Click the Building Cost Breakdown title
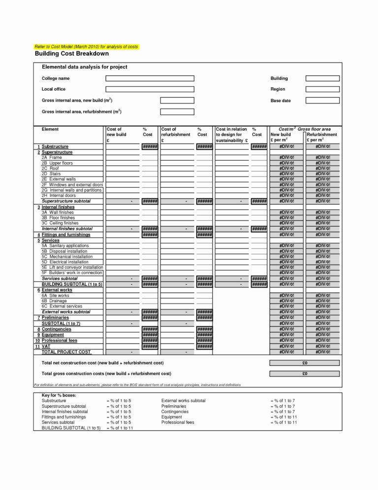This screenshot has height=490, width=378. [x=71, y=54]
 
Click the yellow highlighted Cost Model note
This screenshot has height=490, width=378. [x=86, y=46]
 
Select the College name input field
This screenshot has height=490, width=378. [x=150, y=78]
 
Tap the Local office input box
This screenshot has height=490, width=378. [x=150, y=89]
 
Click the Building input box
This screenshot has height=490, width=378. [x=322, y=78]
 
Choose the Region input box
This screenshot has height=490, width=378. [x=322, y=89]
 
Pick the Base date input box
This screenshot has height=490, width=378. [x=322, y=101]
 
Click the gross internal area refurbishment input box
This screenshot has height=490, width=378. [x=177, y=112]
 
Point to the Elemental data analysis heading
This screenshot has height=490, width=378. [x=85, y=67]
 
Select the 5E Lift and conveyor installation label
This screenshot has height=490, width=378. [x=72, y=267]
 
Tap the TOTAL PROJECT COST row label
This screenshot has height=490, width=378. [x=66, y=352]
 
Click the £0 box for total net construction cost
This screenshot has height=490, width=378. [x=305, y=363]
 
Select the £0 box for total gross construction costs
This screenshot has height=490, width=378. [x=305, y=374]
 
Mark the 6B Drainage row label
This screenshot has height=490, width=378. [x=54, y=301]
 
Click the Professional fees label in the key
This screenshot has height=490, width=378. [x=178, y=422]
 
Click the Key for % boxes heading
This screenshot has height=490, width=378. [x=59, y=395]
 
